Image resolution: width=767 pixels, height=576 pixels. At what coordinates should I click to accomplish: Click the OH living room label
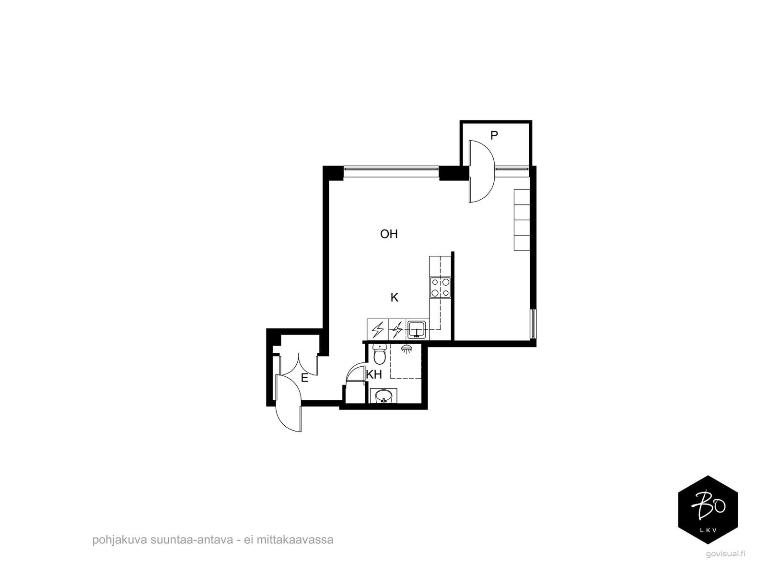tap(389, 234)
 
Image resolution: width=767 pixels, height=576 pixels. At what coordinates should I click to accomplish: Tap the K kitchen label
tap(394, 298)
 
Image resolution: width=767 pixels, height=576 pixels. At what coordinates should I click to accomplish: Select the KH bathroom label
tap(374, 374)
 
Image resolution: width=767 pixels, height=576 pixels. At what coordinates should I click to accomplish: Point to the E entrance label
tap(304, 378)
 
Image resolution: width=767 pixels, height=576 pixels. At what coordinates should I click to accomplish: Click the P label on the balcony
tap(494, 135)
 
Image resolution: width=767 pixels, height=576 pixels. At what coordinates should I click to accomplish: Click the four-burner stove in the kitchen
tap(440, 287)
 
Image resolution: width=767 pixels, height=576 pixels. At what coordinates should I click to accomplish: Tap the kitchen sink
tap(416, 329)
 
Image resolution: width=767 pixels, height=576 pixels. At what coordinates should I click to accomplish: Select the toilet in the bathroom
tap(380, 354)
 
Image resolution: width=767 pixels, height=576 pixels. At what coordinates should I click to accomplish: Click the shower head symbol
tap(406, 348)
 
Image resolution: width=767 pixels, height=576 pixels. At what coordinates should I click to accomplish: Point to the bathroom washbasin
tap(383, 396)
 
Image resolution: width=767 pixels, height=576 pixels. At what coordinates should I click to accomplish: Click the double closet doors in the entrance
tap(299, 365)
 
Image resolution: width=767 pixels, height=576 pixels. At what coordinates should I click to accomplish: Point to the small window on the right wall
tap(533, 324)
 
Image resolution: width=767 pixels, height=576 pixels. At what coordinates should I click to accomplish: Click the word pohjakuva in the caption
tap(120, 540)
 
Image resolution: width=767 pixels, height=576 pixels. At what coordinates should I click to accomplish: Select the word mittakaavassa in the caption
tap(295, 540)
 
